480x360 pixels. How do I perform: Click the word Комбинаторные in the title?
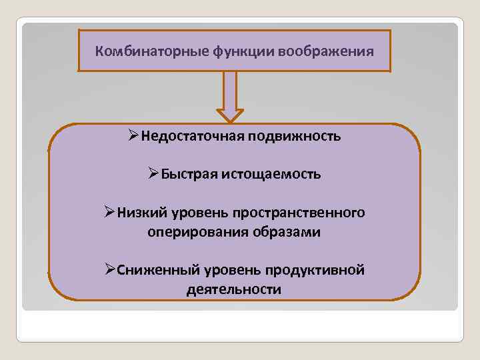click(x=139, y=51)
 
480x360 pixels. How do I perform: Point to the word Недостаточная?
click(x=192, y=137)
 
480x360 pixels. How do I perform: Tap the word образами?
click(x=287, y=232)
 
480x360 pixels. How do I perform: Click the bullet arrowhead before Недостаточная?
click(x=133, y=137)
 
